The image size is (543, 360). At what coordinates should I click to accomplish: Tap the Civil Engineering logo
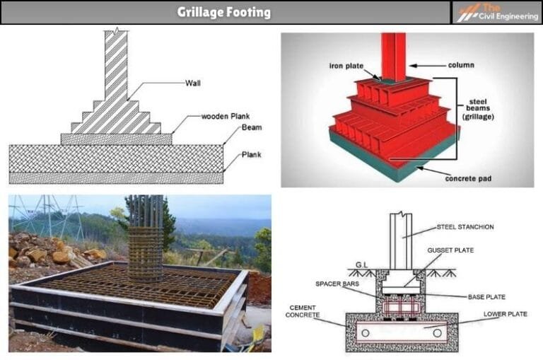click(x=497, y=12)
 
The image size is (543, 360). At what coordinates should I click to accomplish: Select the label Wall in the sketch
click(x=192, y=83)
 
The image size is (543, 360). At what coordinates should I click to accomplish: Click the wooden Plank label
click(x=226, y=116)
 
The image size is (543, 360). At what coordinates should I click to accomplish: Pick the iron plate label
click(x=345, y=66)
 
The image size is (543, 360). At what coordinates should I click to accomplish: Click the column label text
click(x=461, y=65)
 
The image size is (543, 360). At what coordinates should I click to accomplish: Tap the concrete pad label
click(x=469, y=178)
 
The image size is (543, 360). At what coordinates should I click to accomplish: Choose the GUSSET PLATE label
click(x=451, y=250)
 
